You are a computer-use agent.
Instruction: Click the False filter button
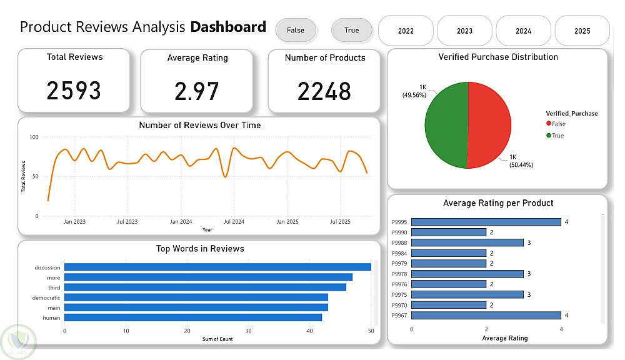[x=296, y=30]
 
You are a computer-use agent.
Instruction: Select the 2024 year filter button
[x=523, y=31]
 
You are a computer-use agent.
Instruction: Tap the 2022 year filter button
[x=406, y=31]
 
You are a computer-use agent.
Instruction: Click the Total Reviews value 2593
[x=74, y=91]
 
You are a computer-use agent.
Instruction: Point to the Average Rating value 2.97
[x=197, y=92]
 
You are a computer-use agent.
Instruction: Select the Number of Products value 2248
[x=324, y=92]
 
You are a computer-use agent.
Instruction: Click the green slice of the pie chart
[x=446, y=125]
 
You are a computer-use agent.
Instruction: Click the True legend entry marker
[x=549, y=136]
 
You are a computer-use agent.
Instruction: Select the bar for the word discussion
[x=217, y=267]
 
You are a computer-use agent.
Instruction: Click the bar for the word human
[x=192, y=317]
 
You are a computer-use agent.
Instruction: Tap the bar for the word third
[x=205, y=287]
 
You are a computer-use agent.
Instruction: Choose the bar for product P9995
[x=486, y=222]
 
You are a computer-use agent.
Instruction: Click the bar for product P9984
[x=448, y=253]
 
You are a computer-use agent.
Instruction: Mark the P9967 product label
[x=400, y=316]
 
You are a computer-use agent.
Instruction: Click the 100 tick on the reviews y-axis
[x=34, y=137]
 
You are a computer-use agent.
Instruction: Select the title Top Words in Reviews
[x=200, y=249]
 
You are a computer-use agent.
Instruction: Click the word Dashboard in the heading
[x=228, y=27]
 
